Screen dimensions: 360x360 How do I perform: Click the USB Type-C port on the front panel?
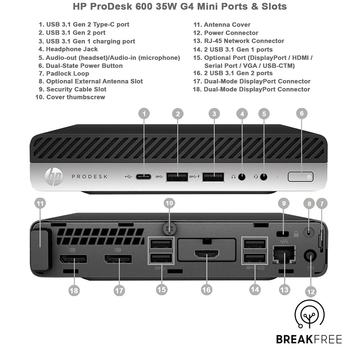coord(144,177)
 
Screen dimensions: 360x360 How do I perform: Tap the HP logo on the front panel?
coord(54,177)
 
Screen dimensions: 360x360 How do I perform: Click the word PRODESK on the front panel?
coord(89,177)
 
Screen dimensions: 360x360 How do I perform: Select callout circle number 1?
coord(144,114)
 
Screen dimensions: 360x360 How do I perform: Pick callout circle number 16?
coord(206,289)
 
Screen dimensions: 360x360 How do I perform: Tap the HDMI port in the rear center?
coord(206,255)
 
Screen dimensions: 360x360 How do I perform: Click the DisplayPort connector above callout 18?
coord(73,258)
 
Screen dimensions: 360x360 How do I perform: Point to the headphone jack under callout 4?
coord(242,177)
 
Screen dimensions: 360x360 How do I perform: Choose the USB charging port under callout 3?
coord(213,177)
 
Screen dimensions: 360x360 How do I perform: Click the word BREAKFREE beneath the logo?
coord(309,339)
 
